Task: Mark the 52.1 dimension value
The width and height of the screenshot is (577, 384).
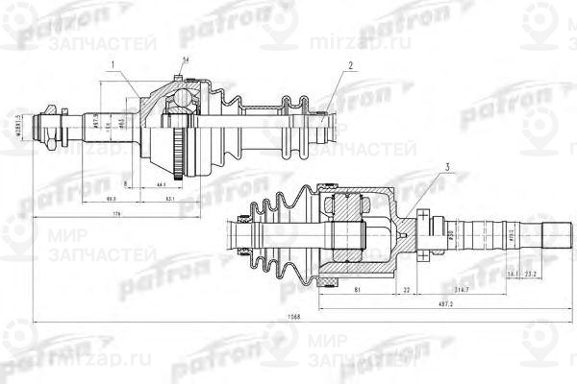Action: click(169, 199)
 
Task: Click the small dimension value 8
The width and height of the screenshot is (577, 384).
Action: click(125, 182)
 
